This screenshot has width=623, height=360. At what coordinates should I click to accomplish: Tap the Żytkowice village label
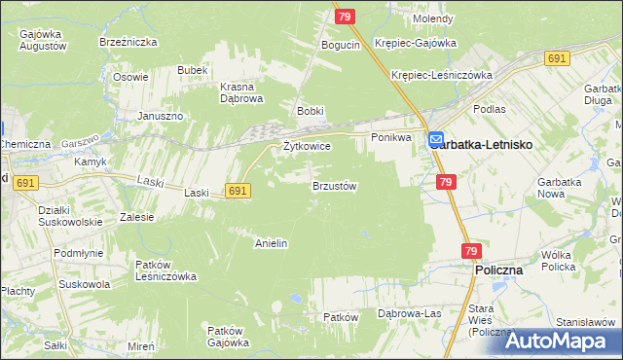307,146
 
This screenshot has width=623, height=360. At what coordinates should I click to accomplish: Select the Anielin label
271,242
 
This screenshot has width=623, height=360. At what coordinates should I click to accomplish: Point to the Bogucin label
341,45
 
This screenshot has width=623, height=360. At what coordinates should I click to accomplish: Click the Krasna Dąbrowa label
242,91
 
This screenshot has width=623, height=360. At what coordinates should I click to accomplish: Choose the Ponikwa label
392,138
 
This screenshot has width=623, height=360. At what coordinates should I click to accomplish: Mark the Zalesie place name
136,217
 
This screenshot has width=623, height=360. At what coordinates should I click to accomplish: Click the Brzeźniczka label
123,42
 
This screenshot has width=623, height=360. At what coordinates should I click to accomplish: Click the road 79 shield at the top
345,16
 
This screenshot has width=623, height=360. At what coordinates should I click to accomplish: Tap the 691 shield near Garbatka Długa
557,58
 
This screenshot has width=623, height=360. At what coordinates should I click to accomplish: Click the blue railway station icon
436,140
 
